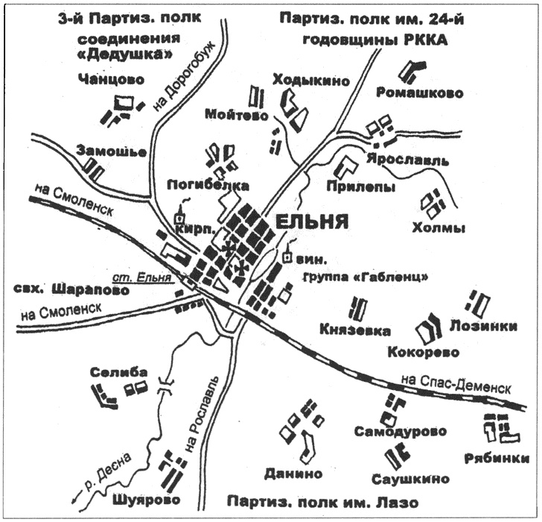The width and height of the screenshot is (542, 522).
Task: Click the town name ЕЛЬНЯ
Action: point(313,221)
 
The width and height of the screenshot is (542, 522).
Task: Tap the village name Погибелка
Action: point(208,184)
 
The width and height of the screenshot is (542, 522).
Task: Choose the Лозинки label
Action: point(483,326)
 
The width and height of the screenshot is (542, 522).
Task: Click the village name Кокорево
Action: point(424,351)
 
